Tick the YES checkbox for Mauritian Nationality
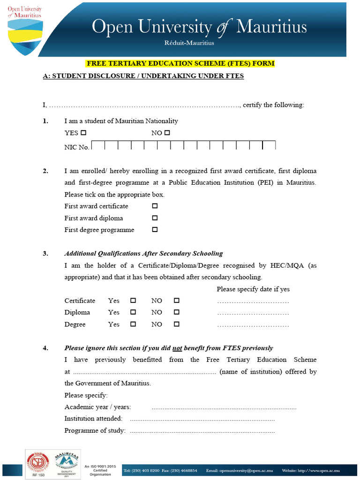click(x=84, y=133)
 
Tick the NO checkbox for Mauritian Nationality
click(x=167, y=133)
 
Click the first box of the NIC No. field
click(x=98, y=146)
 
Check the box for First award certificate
click(x=155, y=206)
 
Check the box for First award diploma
click(x=155, y=218)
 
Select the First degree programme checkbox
click(x=155, y=230)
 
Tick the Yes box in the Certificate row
click(x=133, y=300)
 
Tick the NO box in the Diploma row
click(x=177, y=312)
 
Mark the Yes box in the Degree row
click(x=133, y=324)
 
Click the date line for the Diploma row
click(x=253, y=313)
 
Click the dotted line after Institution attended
click(x=202, y=419)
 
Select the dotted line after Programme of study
click(x=202, y=431)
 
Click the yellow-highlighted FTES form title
click(x=180, y=63)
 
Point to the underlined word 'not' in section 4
click(x=177, y=348)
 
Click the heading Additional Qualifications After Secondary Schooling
click(x=143, y=254)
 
